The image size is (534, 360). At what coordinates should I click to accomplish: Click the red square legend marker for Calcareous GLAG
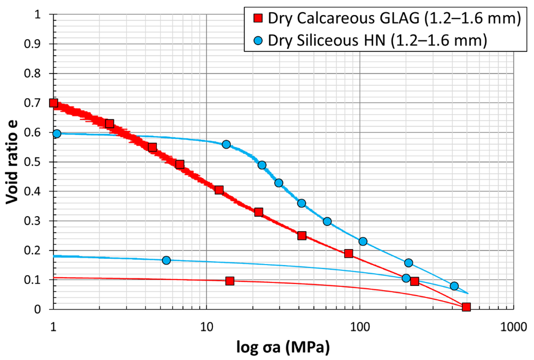(x=258, y=18)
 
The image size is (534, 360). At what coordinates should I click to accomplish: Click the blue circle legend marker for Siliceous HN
(x=258, y=40)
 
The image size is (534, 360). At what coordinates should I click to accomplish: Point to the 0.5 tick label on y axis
(x=32, y=162)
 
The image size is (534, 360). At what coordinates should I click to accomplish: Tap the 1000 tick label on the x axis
(x=513, y=327)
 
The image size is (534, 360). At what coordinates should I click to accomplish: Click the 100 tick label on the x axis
(x=360, y=327)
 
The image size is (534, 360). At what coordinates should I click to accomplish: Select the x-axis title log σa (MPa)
(x=283, y=347)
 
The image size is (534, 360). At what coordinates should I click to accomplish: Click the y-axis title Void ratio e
(x=12, y=162)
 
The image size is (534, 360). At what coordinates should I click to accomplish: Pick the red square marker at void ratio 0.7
(x=54, y=103)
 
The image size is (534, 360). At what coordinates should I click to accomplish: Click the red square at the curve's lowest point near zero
(x=466, y=307)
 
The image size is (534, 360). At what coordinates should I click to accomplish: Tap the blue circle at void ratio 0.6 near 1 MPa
(x=57, y=134)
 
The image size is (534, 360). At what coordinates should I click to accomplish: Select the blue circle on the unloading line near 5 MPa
(x=166, y=260)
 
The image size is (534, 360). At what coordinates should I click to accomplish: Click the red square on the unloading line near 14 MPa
(x=230, y=281)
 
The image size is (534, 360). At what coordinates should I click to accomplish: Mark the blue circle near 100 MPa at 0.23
(x=363, y=242)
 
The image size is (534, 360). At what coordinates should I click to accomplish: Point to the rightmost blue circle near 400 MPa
(x=454, y=286)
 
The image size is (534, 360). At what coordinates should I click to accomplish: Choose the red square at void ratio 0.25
(x=302, y=236)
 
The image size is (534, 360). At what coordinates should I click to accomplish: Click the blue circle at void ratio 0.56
(x=226, y=144)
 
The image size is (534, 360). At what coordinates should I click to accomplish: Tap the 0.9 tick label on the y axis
(x=32, y=44)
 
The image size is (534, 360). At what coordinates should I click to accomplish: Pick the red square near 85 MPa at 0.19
(x=349, y=253)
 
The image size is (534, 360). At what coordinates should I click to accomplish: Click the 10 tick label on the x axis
(x=206, y=327)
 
